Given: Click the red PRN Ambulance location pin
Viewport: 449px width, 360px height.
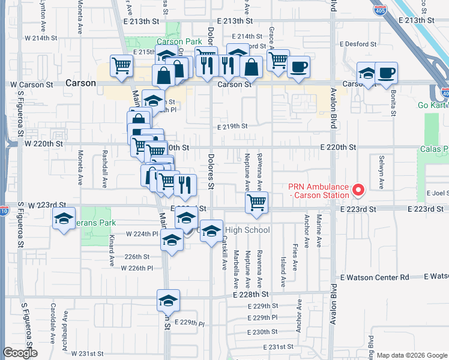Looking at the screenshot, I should [x=359, y=190].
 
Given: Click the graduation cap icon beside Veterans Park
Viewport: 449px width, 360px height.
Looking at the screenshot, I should [x=63, y=220].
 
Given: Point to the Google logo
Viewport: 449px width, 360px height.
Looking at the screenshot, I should [x=20, y=353].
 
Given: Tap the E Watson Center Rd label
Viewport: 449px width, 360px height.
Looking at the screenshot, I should [x=375, y=277].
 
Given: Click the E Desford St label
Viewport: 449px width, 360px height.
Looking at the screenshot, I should [x=358, y=44].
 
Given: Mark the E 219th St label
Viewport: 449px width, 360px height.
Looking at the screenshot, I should [x=232, y=126].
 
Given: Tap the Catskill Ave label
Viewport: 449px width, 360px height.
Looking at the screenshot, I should [x=224, y=251].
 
